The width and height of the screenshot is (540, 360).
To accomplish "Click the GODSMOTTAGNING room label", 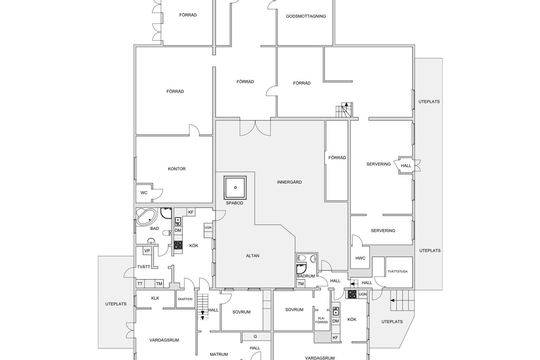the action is point(306,16).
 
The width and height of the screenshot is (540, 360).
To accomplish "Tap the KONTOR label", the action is point(177,169).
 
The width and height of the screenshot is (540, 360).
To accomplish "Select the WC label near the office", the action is point(144,193).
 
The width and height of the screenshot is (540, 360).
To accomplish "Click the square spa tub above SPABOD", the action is point(235,188).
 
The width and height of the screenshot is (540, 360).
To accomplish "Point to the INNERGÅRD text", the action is point(289,182).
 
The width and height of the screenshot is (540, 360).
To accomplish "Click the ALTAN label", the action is point(253,255).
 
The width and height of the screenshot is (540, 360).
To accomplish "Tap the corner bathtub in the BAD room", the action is point(146,217).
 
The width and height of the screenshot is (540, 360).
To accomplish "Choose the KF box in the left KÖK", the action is point(191,212).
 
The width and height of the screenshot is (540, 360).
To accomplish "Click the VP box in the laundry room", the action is point(147,251).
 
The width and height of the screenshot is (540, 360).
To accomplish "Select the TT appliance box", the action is point(140,284).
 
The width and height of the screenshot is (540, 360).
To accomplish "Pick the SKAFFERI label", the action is point(185,299).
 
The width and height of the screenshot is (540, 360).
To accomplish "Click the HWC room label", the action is point(360,258).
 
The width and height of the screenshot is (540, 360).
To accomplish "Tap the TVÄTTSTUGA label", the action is point(398,271).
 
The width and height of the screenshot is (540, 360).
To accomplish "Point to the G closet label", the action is point(255,336).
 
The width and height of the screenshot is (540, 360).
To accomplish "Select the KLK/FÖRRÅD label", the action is point(322,320).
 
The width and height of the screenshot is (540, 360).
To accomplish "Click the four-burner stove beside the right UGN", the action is point(352,294).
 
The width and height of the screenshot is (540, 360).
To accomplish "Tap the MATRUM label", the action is point(219,354).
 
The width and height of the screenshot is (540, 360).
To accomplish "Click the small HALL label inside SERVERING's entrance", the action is point(406,166).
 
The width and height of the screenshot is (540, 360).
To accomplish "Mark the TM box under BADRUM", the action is point(301,284).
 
